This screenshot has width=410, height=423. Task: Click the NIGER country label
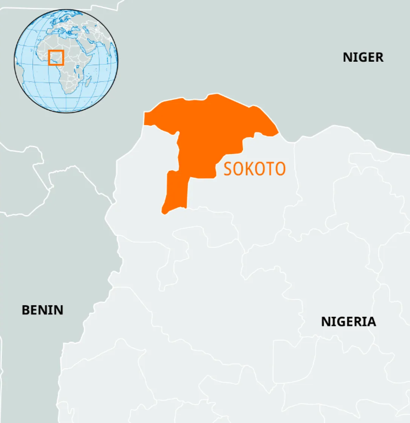click(363, 57)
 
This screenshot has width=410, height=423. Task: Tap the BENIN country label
click(42, 310)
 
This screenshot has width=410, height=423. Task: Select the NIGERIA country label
click(348, 321)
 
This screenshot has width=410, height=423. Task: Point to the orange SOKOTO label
click(254, 169)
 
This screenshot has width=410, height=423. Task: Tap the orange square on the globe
click(56, 57)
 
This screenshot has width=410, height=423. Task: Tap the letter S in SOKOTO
click(228, 169)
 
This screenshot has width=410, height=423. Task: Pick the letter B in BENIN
click(25, 310)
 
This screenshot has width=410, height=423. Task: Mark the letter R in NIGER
click(379, 57)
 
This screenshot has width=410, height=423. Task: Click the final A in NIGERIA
click(371, 321)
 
